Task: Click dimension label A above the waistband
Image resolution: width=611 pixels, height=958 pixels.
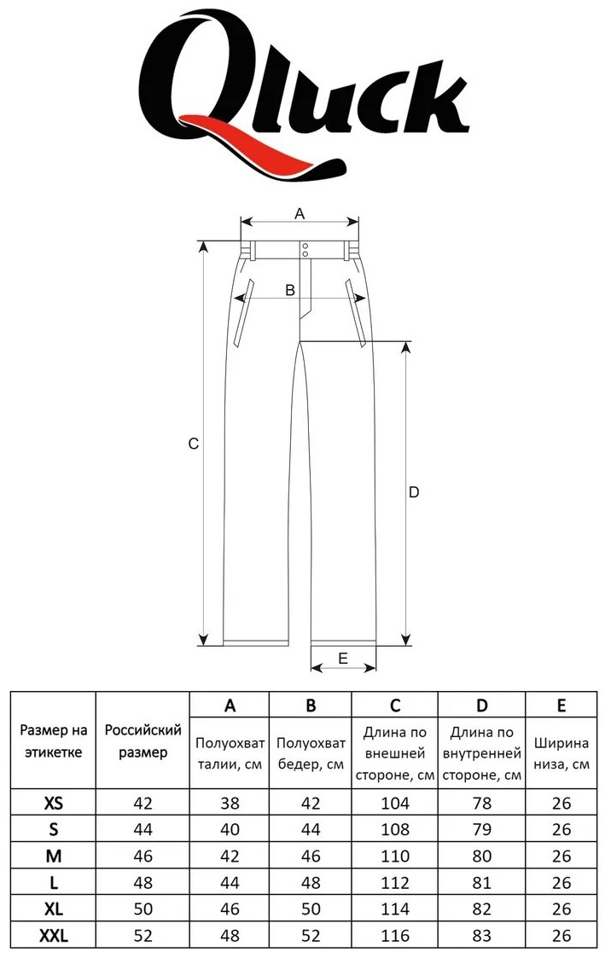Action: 300,214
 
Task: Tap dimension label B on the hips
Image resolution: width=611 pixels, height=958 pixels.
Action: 290,289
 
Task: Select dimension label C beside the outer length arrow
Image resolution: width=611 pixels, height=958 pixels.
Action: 194,444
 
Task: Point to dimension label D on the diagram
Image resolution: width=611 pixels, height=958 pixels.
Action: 414,492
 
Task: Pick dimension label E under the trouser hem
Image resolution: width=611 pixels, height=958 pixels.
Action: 343,658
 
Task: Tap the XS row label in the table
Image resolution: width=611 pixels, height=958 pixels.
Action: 54,803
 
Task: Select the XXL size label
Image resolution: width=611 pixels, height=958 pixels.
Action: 54,936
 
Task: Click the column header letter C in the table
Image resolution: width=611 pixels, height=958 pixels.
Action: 395,705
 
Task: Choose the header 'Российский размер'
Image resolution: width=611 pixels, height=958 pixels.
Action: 143,741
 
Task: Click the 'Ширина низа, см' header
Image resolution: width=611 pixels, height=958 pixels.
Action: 562,754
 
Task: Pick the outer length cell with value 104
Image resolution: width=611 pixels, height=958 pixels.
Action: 395,803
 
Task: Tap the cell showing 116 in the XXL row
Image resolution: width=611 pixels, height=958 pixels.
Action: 395,936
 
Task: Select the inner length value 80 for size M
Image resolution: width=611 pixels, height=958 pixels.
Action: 482,856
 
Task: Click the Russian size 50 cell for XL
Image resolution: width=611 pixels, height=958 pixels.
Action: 143,909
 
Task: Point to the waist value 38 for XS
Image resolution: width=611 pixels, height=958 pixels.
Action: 230,803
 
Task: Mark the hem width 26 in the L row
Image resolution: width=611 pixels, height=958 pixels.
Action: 562,882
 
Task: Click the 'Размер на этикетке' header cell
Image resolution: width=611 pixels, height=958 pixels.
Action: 53,741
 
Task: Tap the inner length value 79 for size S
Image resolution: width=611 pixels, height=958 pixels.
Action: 482,829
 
